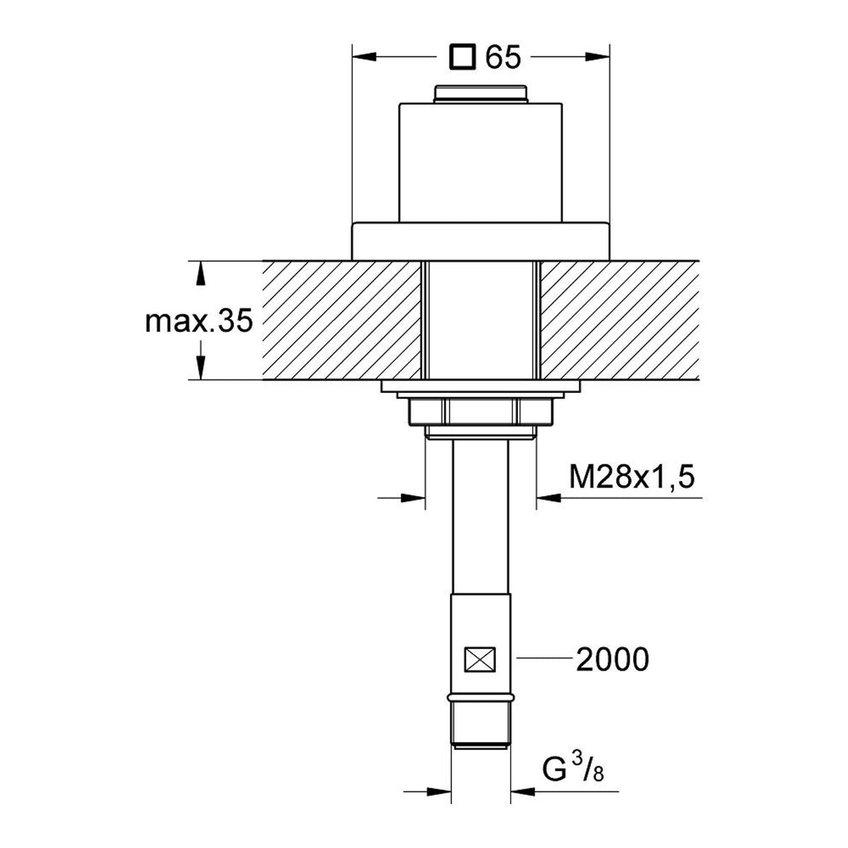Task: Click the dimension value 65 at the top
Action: coord(503,57)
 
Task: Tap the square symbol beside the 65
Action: coord(462,57)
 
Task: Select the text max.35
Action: coord(199,321)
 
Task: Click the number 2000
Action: coord(613,671)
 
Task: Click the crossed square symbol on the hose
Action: coord(480,672)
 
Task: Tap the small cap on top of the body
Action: coord(481,94)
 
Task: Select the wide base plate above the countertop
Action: coord(481,242)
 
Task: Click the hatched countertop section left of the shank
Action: coord(342,320)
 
